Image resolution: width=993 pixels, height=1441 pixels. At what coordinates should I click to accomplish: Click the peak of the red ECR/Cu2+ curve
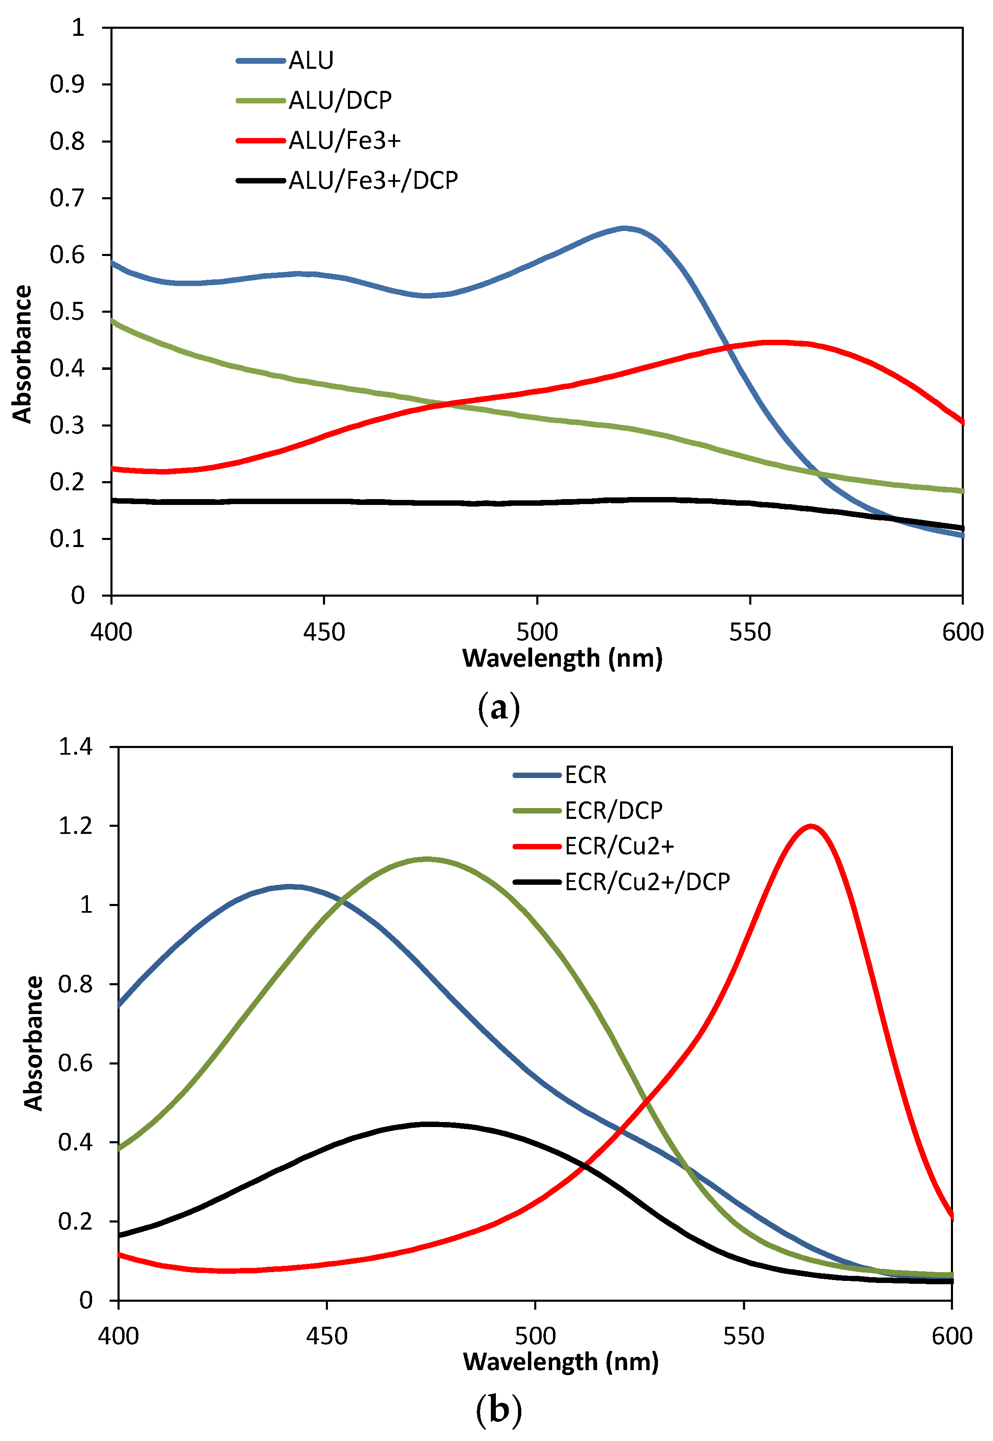point(810,826)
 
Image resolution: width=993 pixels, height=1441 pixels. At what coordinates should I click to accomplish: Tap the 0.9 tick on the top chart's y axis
point(67,85)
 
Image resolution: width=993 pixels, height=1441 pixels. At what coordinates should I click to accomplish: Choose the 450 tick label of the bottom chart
point(327,1336)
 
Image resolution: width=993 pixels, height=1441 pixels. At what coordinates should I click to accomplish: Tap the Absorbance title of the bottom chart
point(34,1043)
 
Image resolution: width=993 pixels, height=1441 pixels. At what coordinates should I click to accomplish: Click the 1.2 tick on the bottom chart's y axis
point(75,826)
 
